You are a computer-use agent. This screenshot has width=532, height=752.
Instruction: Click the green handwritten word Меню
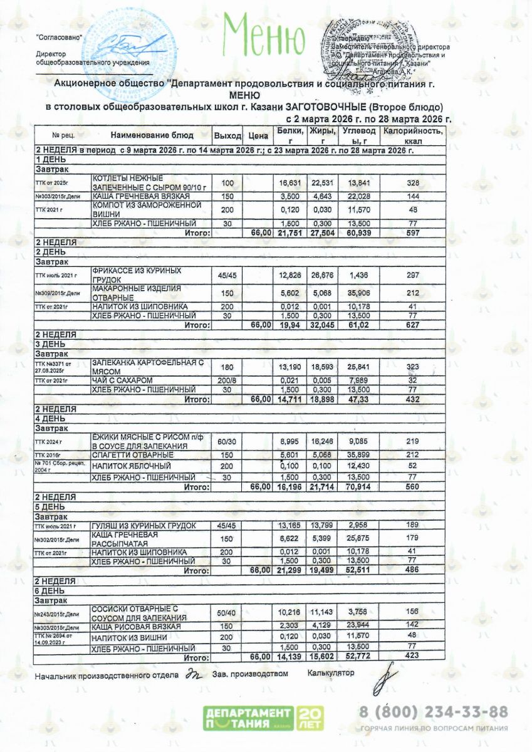click(263, 36)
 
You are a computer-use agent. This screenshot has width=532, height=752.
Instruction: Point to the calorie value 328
click(412, 183)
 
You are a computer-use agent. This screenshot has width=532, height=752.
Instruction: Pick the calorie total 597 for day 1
click(412, 232)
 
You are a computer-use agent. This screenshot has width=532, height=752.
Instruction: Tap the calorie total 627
click(412, 325)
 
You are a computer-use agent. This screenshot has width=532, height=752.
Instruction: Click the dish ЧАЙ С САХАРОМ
click(122, 380)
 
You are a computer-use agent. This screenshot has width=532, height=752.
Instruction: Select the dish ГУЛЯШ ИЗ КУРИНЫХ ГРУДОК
click(143, 525)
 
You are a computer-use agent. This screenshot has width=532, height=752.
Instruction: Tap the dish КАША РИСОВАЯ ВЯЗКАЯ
click(136, 627)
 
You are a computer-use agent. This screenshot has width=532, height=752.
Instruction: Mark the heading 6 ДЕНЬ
click(50, 590)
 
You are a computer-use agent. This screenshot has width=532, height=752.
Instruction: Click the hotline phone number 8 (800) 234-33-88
click(433, 712)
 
